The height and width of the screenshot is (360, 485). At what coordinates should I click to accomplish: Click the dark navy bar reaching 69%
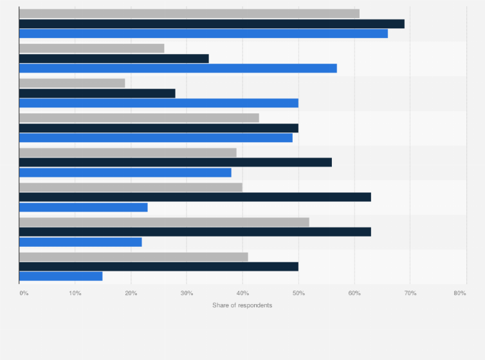(x=212, y=24)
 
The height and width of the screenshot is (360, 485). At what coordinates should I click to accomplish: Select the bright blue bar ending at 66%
(x=203, y=33)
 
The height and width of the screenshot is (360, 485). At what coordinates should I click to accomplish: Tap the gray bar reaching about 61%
(x=189, y=14)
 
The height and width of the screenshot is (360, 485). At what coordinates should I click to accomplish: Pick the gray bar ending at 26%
(x=92, y=48)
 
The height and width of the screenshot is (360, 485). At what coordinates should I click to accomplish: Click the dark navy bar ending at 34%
(x=114, y=59)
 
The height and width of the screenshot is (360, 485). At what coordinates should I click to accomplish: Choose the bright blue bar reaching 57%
(x=178, y=68)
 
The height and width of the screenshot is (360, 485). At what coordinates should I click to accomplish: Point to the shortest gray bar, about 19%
(x=72, y=83)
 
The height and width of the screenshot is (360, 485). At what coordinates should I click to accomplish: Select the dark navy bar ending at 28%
(x=97, y=93)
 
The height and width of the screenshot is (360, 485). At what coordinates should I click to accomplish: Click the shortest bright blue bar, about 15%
(x=61, y=276)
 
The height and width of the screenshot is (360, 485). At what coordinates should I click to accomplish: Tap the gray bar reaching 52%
(x=164, y=222)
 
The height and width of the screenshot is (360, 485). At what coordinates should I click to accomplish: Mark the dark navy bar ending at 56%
(x=176, y=163)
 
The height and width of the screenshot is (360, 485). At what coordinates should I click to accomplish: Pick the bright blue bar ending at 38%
(x=125, y=172)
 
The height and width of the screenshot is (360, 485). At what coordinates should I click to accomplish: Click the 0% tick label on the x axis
(x=24, y=293)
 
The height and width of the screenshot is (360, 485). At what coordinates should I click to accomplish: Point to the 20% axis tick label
(x=131, y=293)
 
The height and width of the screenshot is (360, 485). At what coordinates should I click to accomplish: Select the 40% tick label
(x=243, y=293)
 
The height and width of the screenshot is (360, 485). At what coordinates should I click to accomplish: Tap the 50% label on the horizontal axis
(x=298, y=293)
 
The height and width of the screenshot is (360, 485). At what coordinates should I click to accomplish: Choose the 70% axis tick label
(x=410, y=293)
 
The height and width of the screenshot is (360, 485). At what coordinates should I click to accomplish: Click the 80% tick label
(x=459, y=293)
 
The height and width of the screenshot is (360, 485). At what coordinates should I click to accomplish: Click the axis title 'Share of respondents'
(x=242, y=305)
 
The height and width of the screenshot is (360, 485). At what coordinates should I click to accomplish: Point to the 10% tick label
(x=75, y=293)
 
